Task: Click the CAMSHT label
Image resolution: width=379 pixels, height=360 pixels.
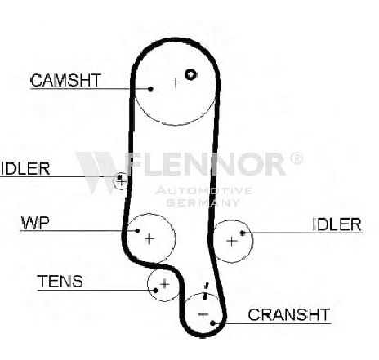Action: click(65, 80)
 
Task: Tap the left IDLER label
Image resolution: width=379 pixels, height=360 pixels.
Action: click(25, 168)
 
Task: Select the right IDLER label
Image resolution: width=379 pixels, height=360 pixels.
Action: click(337, 224)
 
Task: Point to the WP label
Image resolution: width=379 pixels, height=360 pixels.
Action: click(35, 223)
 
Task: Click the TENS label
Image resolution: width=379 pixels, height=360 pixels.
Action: click(60, 281)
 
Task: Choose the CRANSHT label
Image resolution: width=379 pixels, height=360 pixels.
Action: click(289, 314)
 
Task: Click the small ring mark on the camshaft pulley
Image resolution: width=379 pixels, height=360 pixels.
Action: click(190, 74)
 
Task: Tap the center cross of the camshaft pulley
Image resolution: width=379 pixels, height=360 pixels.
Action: click(176, 82)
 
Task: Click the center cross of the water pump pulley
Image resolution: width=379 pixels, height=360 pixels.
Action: click(149, 239)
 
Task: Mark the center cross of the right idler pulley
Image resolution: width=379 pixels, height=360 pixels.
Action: click(232, 241)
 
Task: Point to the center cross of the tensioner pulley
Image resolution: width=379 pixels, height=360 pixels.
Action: click(164, 284)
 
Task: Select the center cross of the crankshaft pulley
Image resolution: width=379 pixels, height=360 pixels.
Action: click(203, 314)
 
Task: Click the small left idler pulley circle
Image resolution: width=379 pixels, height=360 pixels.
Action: click(114, 180)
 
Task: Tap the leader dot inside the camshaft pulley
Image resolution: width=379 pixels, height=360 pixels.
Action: click(150, 89)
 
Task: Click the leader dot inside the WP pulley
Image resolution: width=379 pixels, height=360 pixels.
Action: click(137, 231)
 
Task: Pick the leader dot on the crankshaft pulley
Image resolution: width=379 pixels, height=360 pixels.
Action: click(212, 323)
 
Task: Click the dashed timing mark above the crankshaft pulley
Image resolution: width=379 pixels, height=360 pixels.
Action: click(206, 291)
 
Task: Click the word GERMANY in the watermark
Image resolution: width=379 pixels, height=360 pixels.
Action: click(203, 202)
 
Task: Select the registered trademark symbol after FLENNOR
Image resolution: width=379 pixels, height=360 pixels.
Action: click(297, 158)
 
